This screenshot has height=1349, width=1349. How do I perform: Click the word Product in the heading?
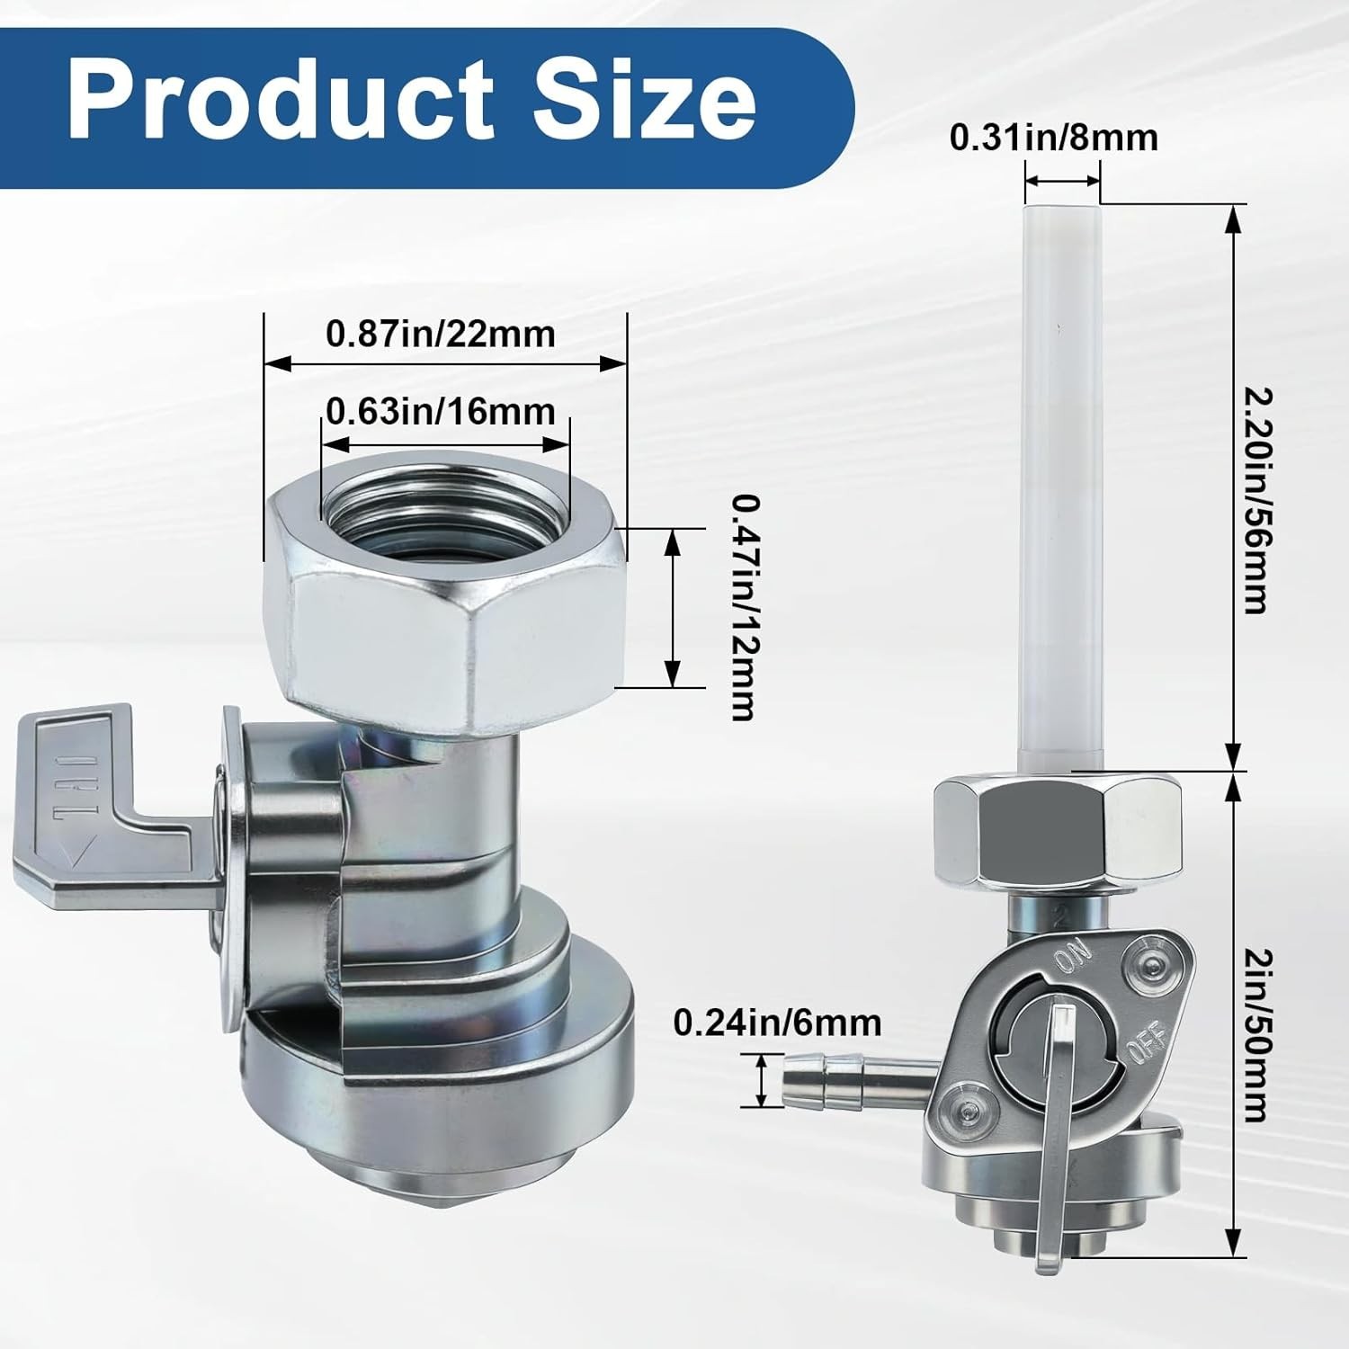coord(281,99)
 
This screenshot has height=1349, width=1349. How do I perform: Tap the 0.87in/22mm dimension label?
coord(441,335)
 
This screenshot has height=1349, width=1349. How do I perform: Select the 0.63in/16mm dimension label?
coord(441,412)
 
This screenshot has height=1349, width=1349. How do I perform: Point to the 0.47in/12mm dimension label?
coord(742,607)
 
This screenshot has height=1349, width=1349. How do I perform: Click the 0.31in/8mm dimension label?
coord(1054,138)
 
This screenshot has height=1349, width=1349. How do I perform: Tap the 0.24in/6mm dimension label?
coord(778,1023)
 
